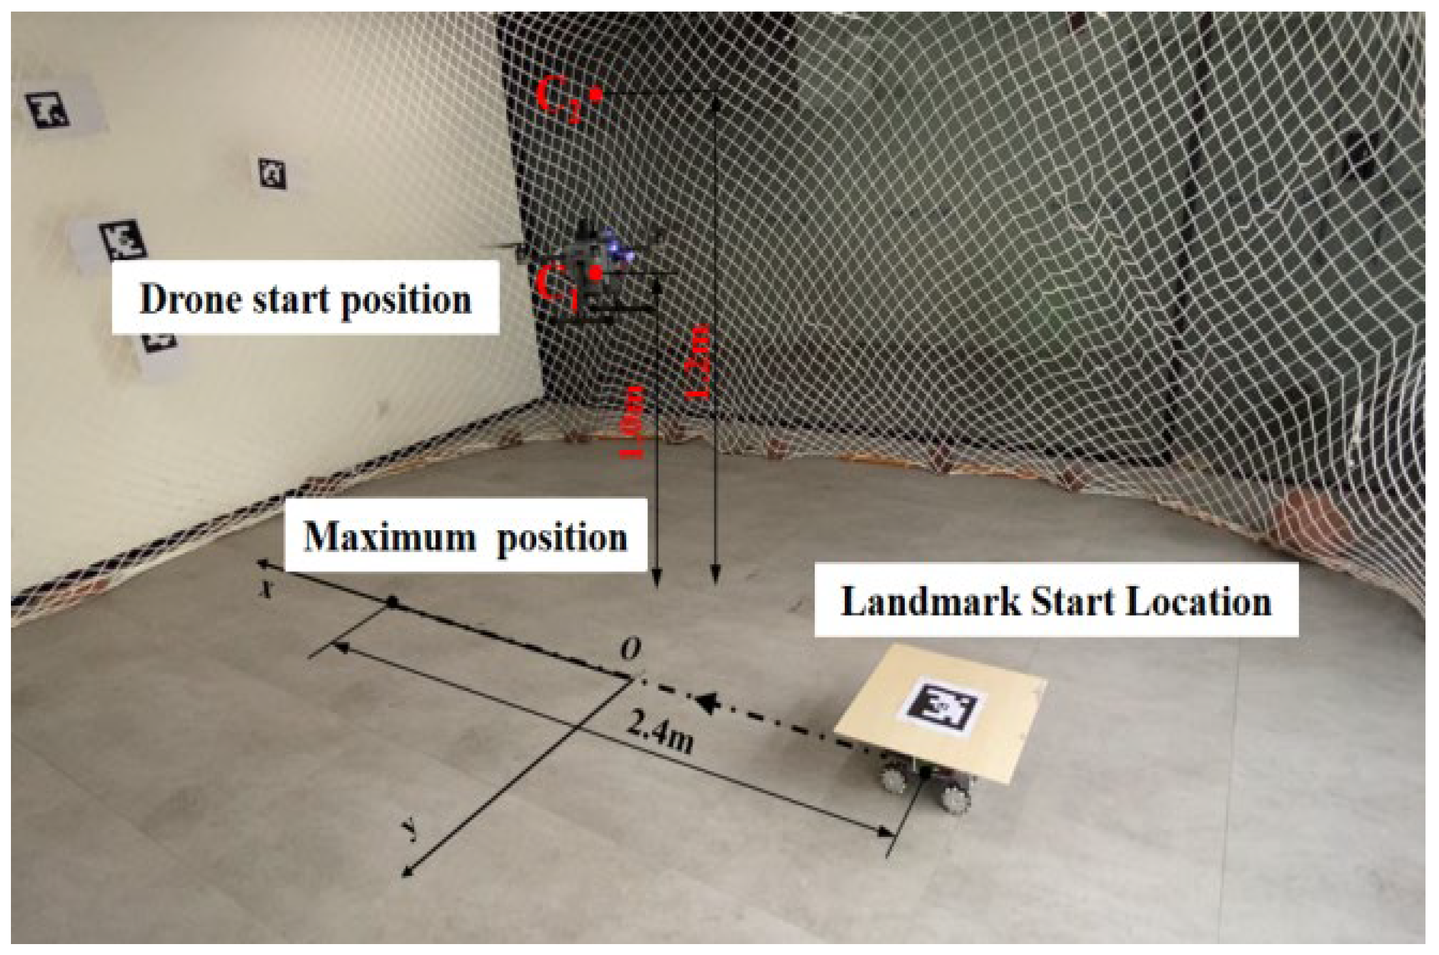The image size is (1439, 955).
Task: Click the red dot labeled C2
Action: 596,96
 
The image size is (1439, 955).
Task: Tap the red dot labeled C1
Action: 597,273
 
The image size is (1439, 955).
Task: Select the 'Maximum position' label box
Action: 465,536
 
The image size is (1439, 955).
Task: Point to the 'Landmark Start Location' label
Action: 1056,601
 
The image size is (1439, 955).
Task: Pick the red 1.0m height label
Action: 634,422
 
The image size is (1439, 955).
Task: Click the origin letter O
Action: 630,650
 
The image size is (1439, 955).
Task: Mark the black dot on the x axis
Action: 392,603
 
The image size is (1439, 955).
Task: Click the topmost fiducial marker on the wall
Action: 48,109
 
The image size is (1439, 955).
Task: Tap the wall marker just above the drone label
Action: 122,240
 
